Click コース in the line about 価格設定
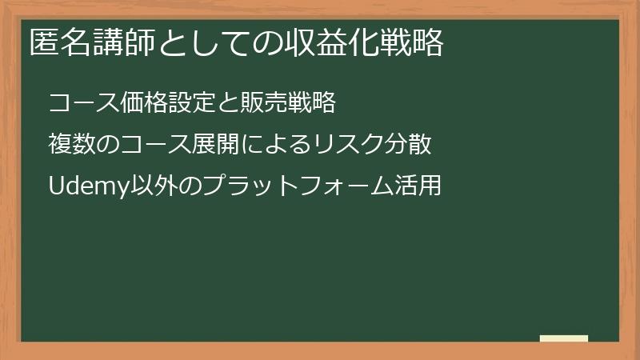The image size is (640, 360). pos(84,104)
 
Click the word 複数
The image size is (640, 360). pos(71,145)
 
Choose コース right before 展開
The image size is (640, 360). pos(155,145)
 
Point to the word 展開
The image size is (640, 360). pos(216,145)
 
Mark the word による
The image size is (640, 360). pos(275,145)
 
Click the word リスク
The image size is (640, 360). pos(347,145)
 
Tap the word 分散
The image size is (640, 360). pos(409,145)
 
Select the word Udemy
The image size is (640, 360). pos(84,186)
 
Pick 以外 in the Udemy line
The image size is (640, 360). pos(143,186)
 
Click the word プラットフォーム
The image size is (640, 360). pos(288,186)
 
